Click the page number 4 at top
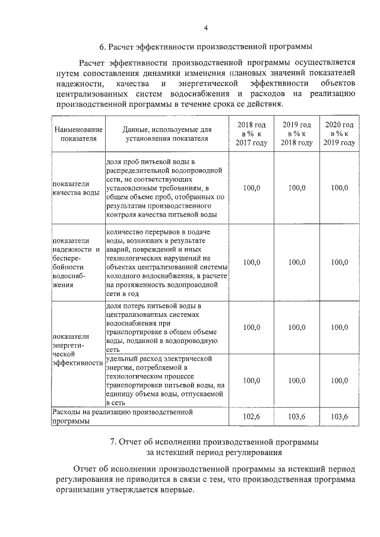point(205,28)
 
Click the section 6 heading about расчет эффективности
point(205,46)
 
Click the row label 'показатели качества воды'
point(75,188)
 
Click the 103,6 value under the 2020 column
point(339,417)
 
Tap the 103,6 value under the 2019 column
point(296,417)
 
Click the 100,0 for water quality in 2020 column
point(339,188)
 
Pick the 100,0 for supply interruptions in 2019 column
point(296,262)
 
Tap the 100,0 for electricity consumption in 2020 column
point(339,380)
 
